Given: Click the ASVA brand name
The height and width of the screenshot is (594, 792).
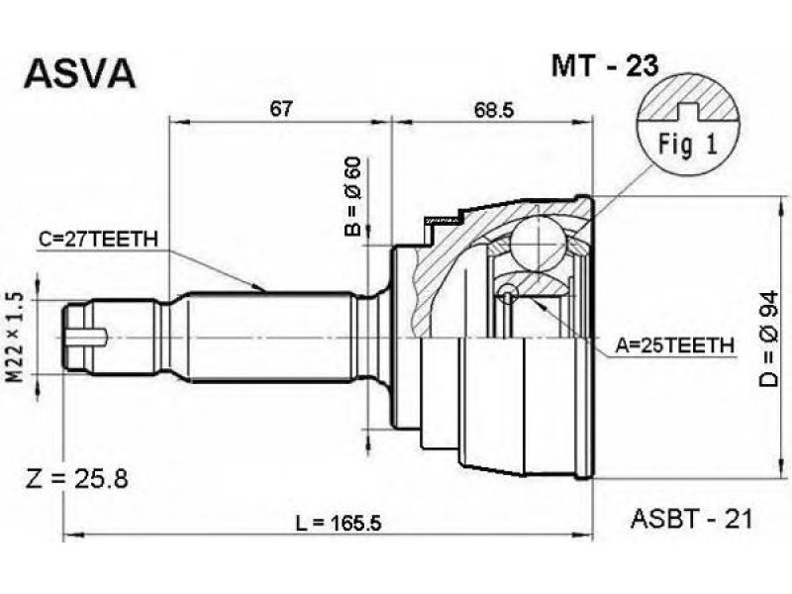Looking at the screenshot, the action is pyautogui.click(x=80, y=73).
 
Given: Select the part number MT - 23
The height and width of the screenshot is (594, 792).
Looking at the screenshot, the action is pyautogui.click(x=605, y=65).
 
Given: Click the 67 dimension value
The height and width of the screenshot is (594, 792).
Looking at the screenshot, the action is pyautogui.click(x=281, y=109).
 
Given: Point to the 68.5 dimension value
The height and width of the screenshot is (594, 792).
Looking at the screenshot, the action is pyautogui.click(x=493, y=110).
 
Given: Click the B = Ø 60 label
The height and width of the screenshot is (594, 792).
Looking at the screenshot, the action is pyautogui.click(x=353, y=196).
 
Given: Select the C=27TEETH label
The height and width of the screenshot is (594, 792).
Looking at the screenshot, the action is pyautogui.click(x=98, y=239).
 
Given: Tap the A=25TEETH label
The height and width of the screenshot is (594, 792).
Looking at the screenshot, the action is pyautogui.click(x=674, y=346).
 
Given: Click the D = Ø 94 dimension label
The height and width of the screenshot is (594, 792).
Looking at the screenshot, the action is pyautogui.click(x=769, y=340).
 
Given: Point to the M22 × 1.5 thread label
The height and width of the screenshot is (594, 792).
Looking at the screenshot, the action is pyautogui.click(x=16, y=337).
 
